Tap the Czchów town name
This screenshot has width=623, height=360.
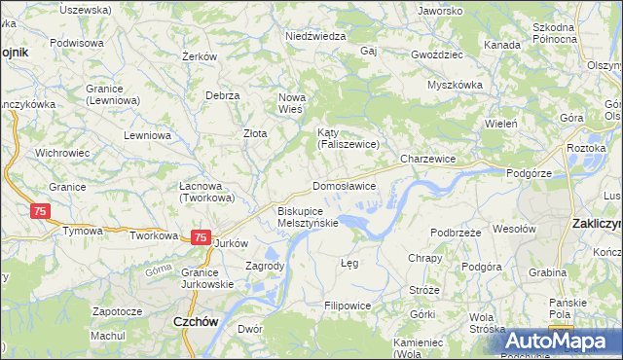194,321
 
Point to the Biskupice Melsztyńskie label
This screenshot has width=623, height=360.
308,216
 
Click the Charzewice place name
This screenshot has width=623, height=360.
428,158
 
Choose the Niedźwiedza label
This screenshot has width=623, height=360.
315,36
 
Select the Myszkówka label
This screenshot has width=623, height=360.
455,85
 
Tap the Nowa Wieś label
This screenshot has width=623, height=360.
292,103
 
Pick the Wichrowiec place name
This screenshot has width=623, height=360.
62,153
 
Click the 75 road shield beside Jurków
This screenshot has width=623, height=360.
200,237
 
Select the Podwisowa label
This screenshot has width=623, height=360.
77,43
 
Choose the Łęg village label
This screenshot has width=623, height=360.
349,263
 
